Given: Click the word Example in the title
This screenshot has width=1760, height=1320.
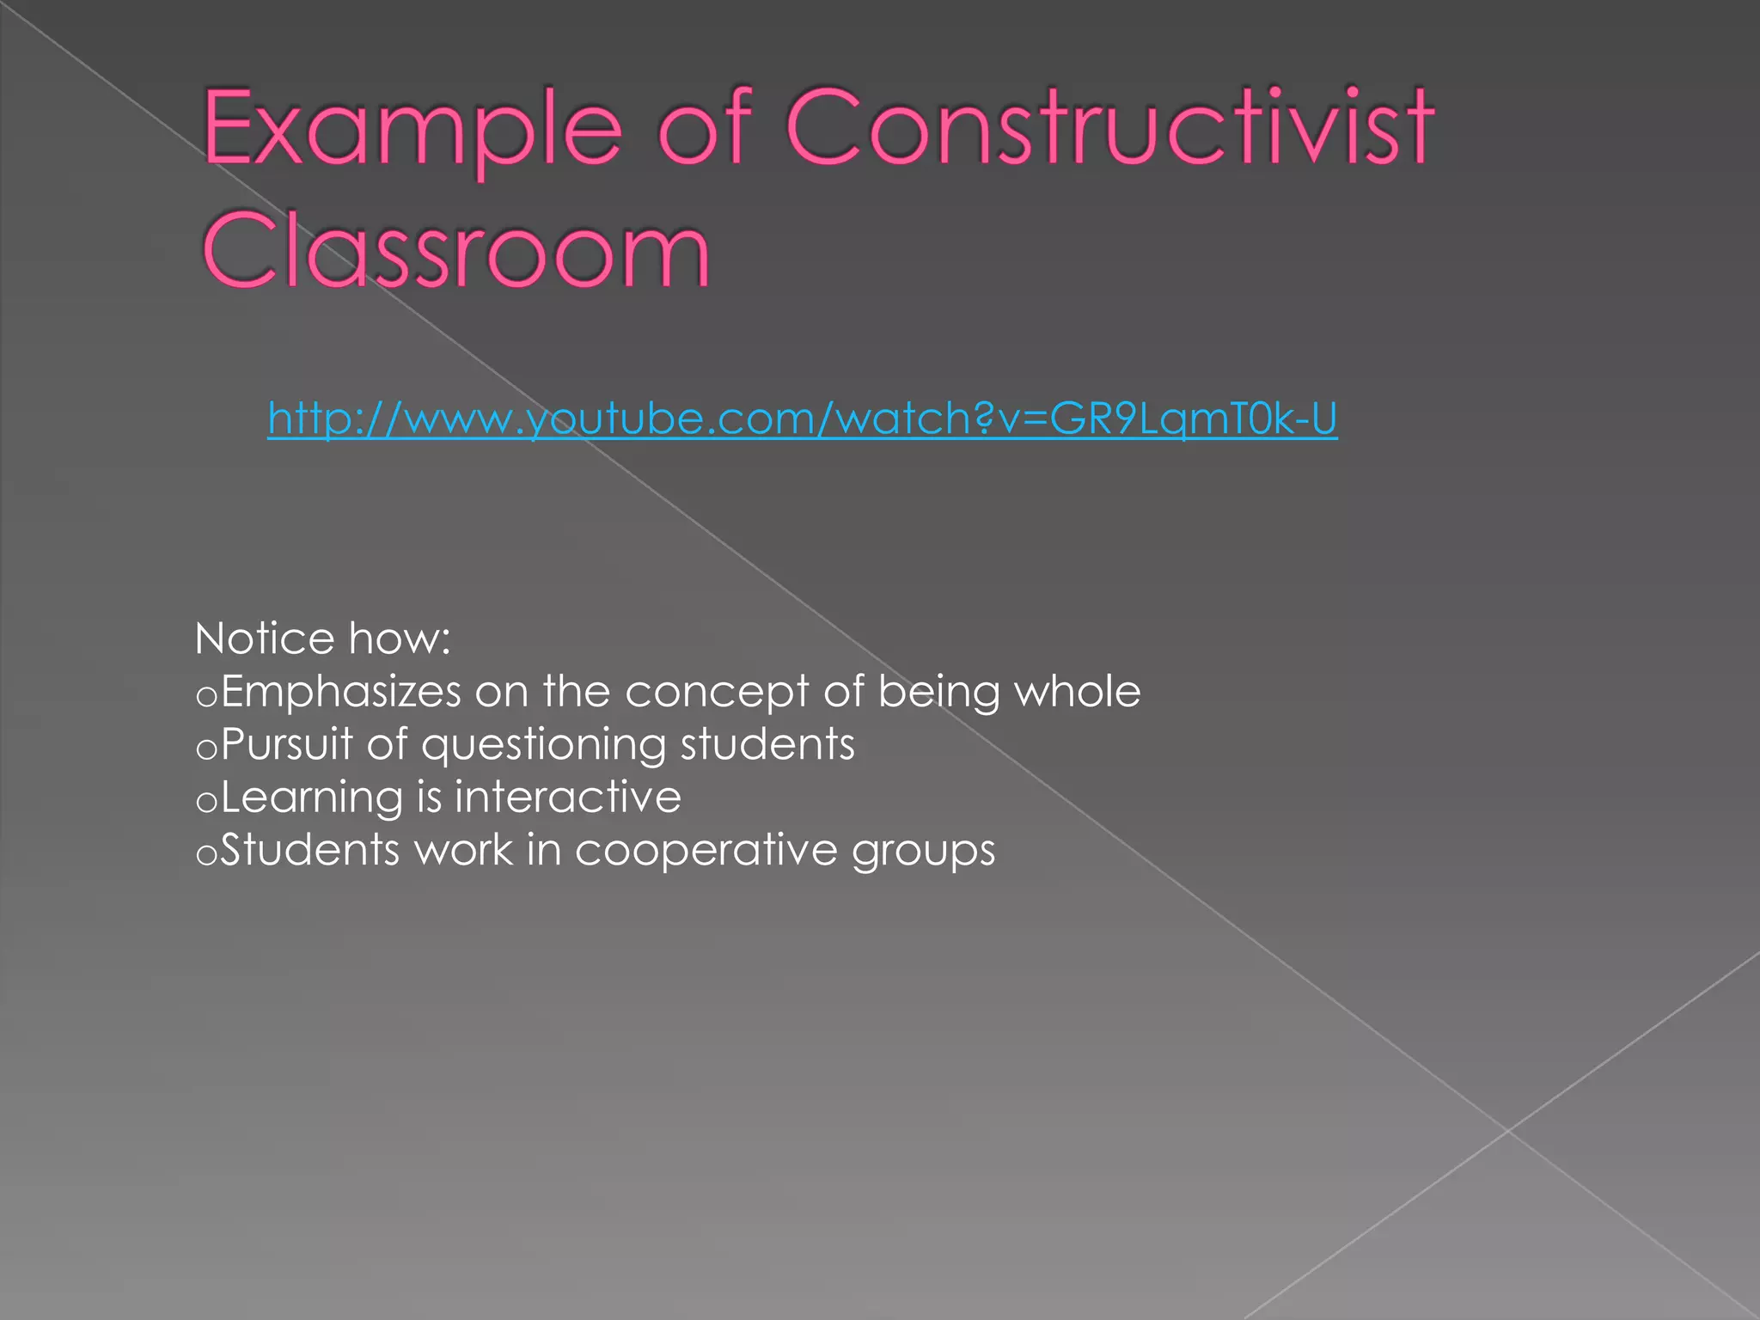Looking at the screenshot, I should (x=412, y=129).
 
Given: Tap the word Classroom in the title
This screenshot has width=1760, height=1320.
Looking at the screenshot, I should (x=456, y=251).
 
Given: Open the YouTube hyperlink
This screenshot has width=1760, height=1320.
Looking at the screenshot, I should (x=802, y=419).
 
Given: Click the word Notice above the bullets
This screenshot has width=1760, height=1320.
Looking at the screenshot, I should (x=265, y=639).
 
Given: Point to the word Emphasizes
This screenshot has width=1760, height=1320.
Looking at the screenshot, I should (x=341, y=693).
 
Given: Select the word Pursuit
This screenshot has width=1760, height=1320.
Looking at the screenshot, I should (x=286, y=744).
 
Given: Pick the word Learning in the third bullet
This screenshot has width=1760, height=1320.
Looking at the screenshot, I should (x=312, y=798).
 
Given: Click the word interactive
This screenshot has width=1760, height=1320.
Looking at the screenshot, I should (x=568, y=797).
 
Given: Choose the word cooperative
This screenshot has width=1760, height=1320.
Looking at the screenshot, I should (x=706, y=852).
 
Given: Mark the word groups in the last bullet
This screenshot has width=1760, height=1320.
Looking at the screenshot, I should (x=923, y=852).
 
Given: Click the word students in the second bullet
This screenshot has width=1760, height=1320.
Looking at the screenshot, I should (x=767, y=744).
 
